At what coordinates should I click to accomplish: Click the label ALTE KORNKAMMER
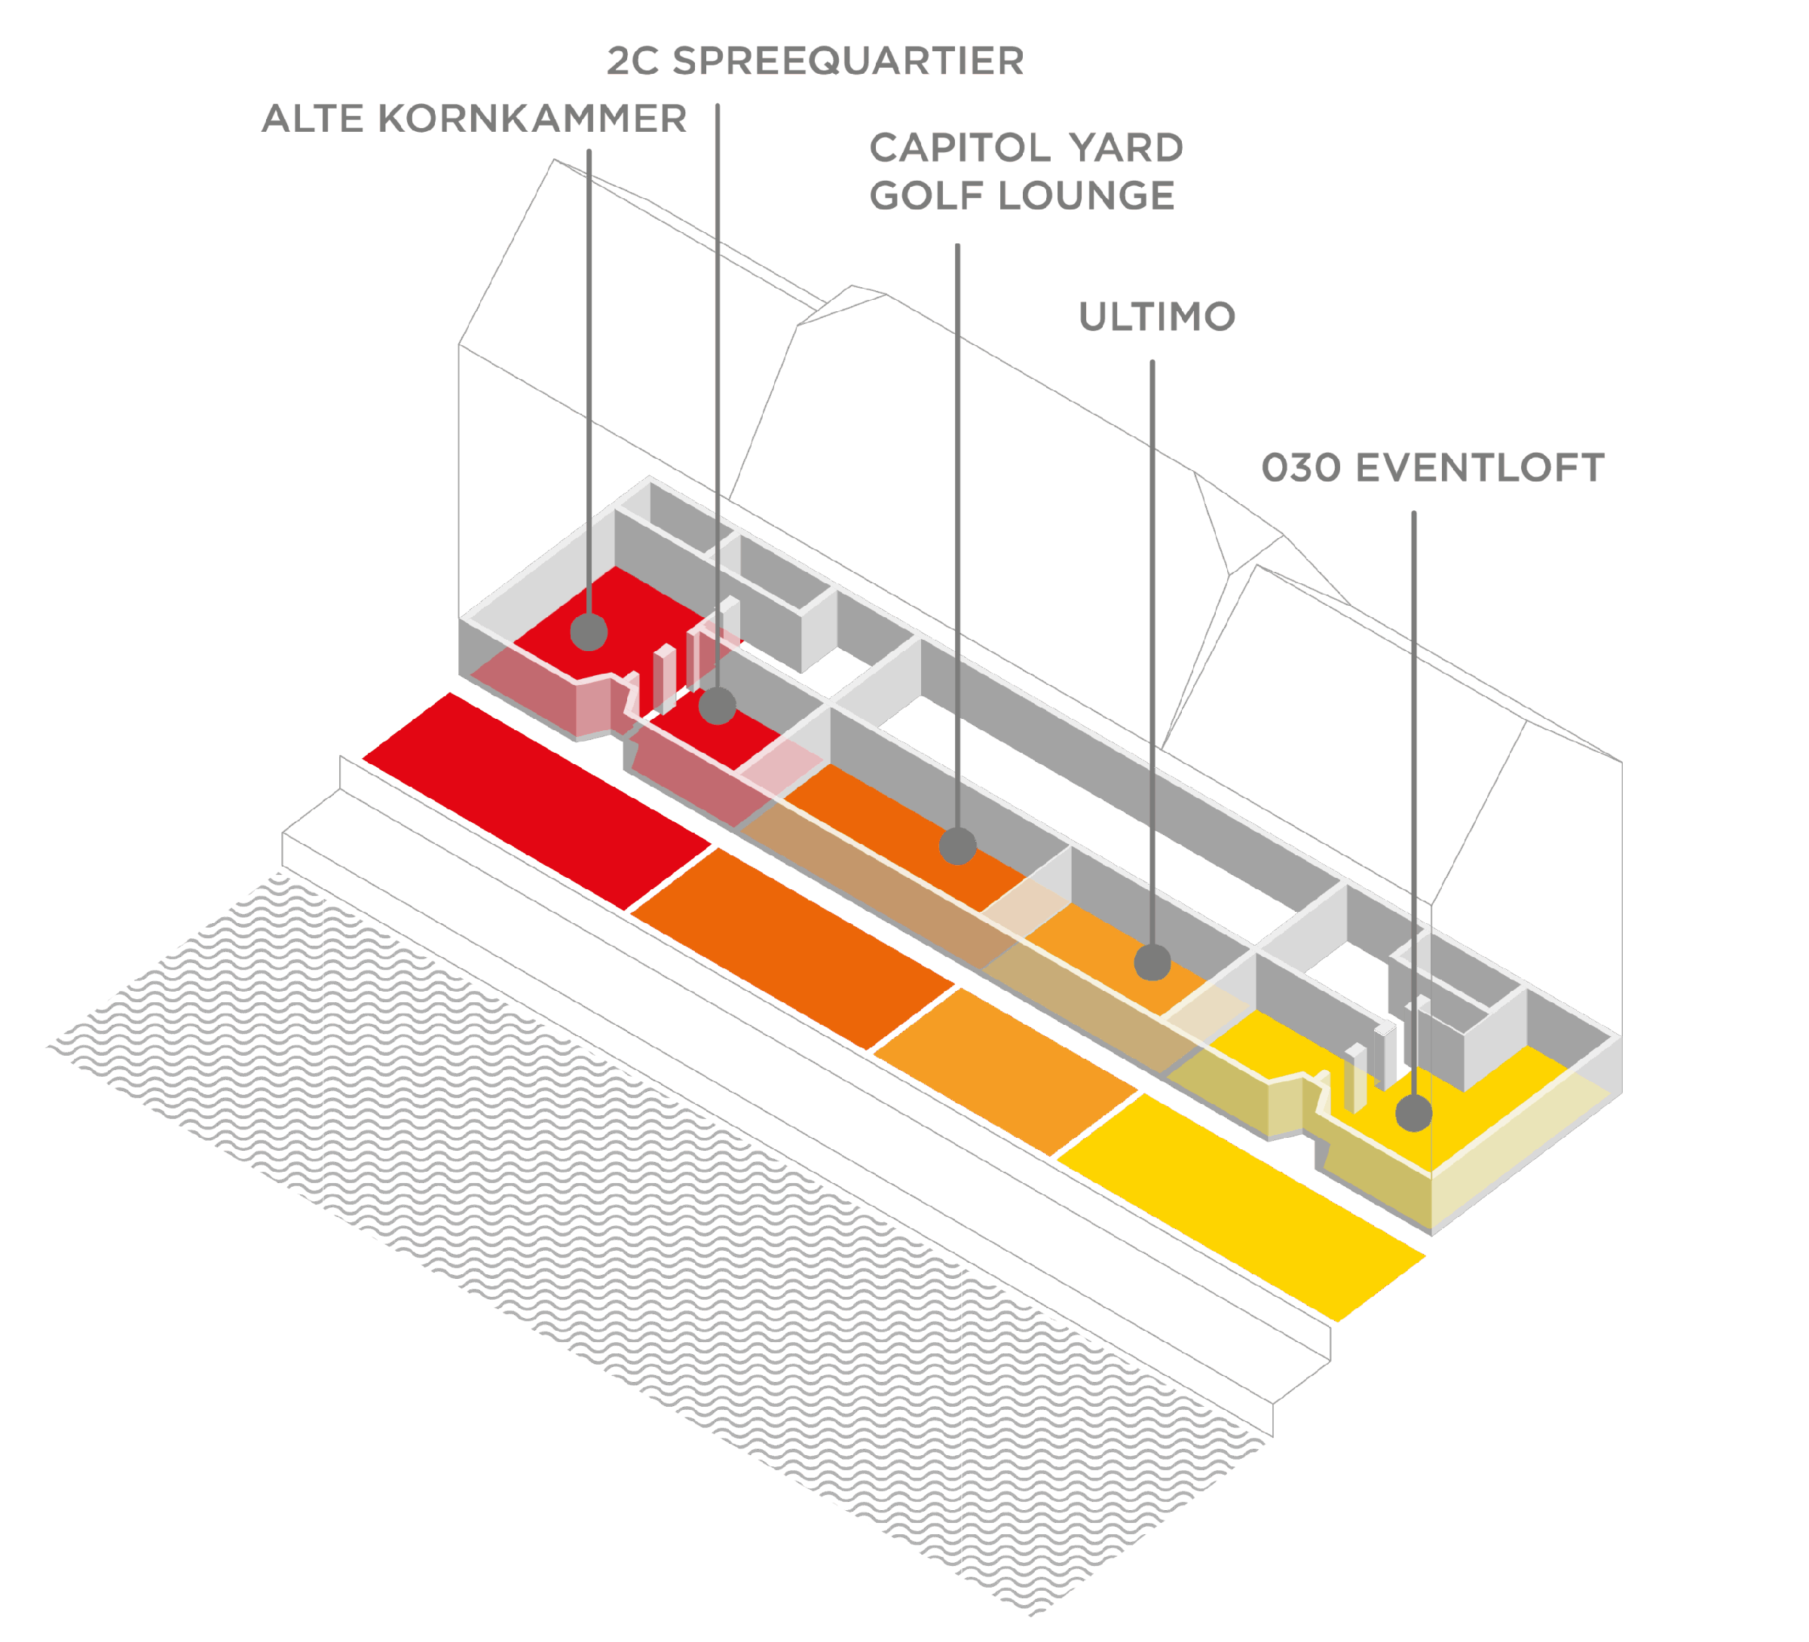474,118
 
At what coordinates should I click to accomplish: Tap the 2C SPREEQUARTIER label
816,61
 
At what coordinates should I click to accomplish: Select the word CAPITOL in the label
960,148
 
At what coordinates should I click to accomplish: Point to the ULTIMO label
1158,316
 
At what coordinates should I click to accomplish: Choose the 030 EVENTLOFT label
1432,467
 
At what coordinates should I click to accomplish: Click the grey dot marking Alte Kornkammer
589,631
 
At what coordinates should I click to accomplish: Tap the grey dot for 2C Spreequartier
718,705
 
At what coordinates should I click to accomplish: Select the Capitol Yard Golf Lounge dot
957,845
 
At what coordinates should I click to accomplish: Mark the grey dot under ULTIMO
1152,962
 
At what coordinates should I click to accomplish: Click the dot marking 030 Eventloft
1414,1114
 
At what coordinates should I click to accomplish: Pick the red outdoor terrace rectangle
537,801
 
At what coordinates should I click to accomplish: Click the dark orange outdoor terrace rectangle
792,949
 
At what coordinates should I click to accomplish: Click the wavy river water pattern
655,1247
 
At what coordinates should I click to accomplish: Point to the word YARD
1126,148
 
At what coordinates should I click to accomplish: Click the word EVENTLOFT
1480,467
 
